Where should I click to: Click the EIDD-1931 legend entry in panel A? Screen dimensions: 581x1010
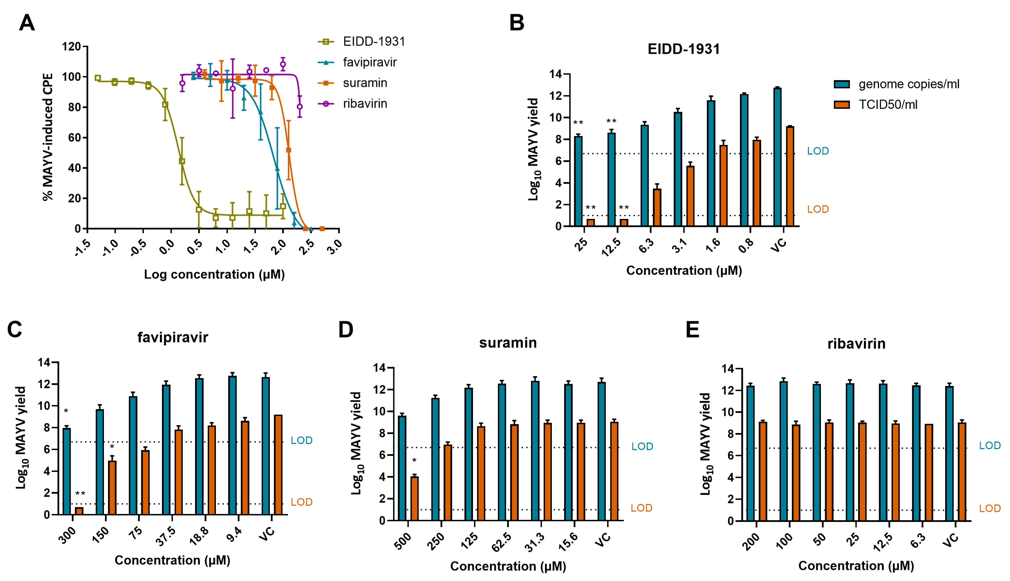click(374, 42)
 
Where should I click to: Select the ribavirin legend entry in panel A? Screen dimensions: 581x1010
click(364, 104)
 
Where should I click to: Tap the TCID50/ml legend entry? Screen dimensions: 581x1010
click(887, 105)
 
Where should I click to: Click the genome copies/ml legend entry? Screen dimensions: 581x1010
click(908, 84)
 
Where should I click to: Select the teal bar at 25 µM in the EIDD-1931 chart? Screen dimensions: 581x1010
click(578, 181)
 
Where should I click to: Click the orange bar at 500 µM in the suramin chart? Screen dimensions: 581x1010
click(415, 498)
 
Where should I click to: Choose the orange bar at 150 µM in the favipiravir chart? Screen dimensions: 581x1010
click(112, 488)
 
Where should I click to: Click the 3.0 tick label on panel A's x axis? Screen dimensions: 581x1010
click(334, 247)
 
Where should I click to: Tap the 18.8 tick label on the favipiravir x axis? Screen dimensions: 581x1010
click(199, 536)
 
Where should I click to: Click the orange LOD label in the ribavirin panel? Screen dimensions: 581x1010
click(990, 508)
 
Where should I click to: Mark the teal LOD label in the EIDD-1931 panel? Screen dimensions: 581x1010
click(818, 151)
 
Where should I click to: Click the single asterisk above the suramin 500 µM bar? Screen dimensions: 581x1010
click(414, 461)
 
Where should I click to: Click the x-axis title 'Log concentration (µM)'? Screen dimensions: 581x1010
click(214, 275)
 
